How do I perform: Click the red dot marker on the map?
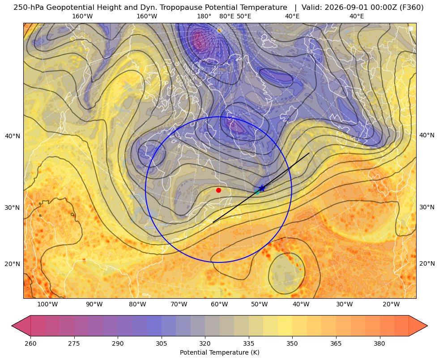219,190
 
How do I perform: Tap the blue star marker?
262,188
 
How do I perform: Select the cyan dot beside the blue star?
257,192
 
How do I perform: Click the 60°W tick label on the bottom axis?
219,305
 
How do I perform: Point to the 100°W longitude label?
47,305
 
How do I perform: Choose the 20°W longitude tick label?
391,305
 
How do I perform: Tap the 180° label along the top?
204,16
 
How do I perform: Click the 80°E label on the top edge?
226,16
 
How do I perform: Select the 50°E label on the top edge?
244,16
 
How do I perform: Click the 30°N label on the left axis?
13,208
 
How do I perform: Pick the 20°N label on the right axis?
427,264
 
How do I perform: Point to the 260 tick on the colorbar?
30,343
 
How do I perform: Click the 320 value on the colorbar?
205,343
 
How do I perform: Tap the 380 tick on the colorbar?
379,343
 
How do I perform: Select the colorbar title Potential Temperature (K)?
219,352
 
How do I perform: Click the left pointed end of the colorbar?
12,326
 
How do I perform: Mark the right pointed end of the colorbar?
427,326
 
